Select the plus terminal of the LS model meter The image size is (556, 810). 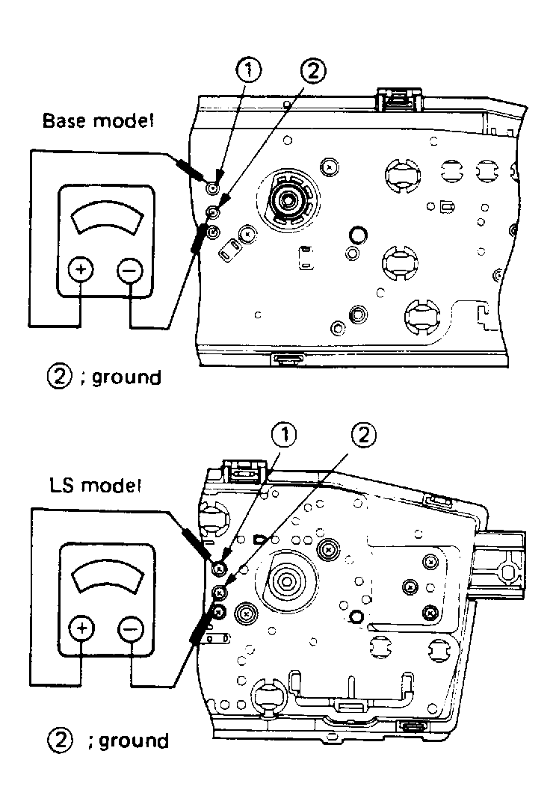pos(81,629)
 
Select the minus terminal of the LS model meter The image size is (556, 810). pos(130,629)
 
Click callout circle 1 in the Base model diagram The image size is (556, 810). pos(249,72)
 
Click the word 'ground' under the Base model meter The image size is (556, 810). pos(124,377)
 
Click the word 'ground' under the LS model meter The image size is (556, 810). pos(134,741)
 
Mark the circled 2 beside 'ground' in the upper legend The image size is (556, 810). pos(58,377)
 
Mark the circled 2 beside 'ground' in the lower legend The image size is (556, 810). pos(58,741)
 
